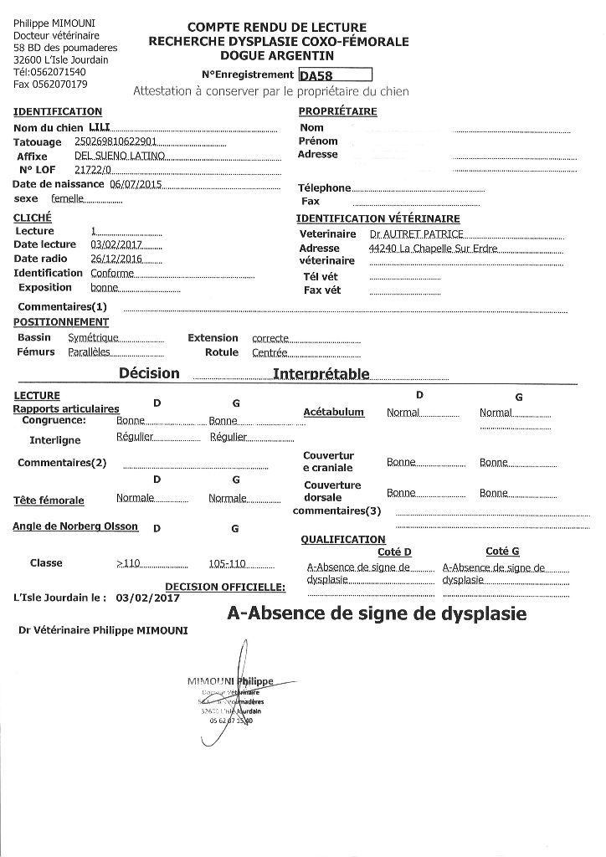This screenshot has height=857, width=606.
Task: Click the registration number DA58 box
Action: click(x=335, y=75)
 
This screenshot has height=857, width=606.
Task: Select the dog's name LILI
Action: click(x=86, y=127)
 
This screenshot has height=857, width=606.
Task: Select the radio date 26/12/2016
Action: click(x=116, y=259)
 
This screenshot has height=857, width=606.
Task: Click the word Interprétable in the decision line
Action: click(x=321, y=373)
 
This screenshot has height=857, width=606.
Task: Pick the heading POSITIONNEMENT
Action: click(x=61, y=322)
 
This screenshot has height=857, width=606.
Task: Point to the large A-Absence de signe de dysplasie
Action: click(x=377, y=613)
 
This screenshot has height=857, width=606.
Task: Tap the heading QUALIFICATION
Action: click(x=343, y=540)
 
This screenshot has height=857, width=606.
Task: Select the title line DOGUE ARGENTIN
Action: click(x=277, y=55)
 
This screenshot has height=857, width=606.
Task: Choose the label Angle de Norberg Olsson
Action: click(x=75, y=527)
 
